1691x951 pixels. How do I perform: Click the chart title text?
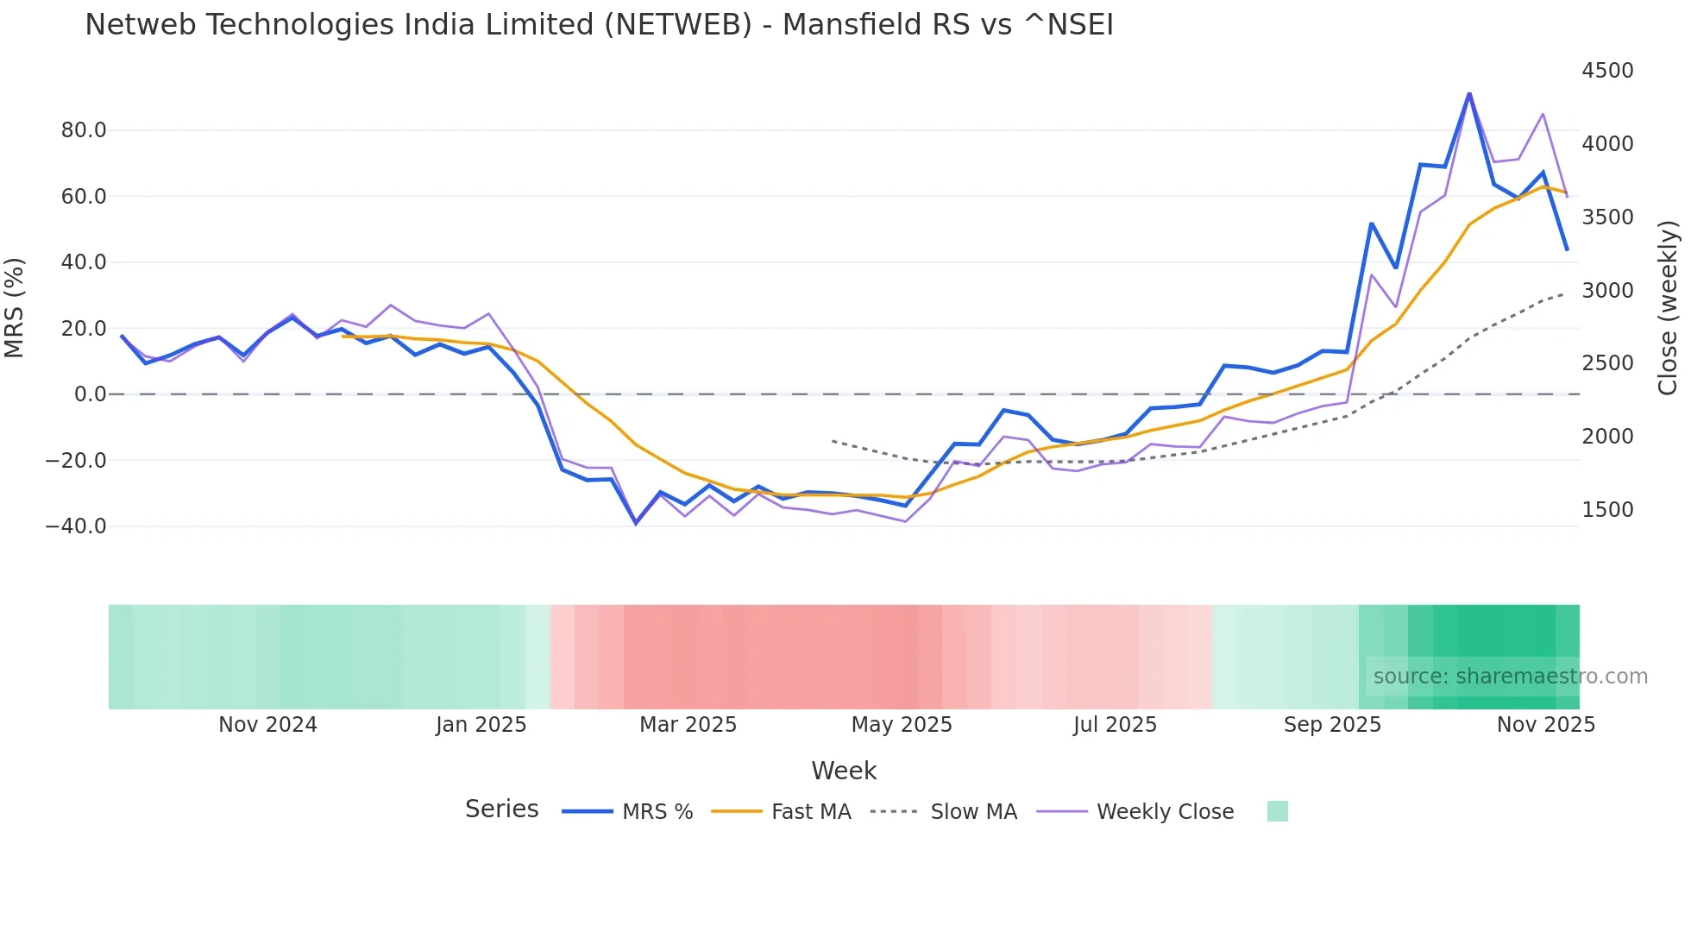click(x=599, y=25)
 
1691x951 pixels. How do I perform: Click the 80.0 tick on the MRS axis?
click(x=84, y=130)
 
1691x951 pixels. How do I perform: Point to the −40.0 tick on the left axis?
click(x=76, y=526)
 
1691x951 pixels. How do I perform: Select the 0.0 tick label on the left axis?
click(x=90, y=394)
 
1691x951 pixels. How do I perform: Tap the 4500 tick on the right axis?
click(x=1607, y=71)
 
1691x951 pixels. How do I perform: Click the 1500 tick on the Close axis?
click(x=1607, y=510)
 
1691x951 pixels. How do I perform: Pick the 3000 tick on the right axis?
click(x=1607, y=291)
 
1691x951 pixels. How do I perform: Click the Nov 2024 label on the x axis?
click(x=267, y=725)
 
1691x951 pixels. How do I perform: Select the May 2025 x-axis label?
click(x=902, y=725)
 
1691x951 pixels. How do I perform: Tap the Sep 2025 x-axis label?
click(x=1332, y=725)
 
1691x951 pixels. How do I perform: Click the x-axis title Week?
click(x=844, y=771)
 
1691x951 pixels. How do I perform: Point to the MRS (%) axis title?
click(x=15, y=307)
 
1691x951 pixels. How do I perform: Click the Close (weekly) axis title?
click(x=1669, y=307)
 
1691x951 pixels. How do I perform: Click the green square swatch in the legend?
click(x=1277, y=811)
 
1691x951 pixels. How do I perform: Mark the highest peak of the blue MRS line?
click(x=1469, y=93)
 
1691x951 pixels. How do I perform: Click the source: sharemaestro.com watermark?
click(x=1510, y=677)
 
